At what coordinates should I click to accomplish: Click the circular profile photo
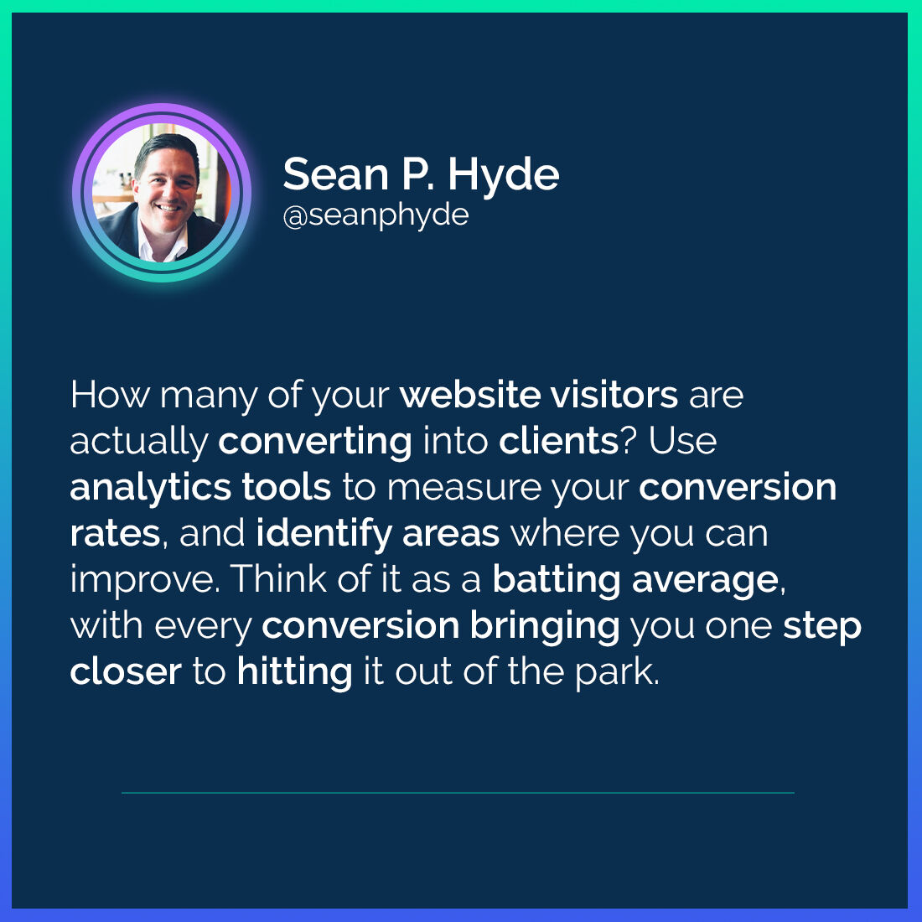pos(162,193)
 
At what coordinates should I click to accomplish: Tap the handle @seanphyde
pos(376,215)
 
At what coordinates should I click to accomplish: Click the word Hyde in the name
pos(503,174)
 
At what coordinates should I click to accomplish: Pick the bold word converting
pos(315,442)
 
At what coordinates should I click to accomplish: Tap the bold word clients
pos(558,441)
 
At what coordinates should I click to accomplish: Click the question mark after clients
pos(629,441)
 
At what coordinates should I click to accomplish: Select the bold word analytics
pos(150,488)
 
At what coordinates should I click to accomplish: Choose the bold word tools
pos(287,487)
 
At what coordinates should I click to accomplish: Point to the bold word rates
pos(115,534)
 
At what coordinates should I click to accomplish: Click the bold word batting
pos(557,580)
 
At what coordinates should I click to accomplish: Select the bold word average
pos(706,580)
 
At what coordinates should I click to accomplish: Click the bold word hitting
pos(294,672)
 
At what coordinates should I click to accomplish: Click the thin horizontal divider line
pos(458,793)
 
